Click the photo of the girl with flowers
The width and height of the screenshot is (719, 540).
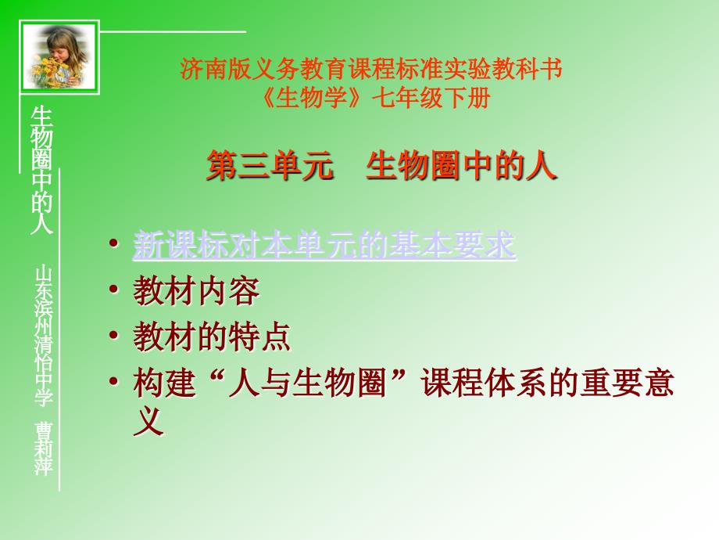coord(59,56)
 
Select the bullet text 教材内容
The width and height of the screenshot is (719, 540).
coord(196,292)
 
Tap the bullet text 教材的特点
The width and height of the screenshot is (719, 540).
coord(212,337)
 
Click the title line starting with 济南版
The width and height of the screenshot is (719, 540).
coord(371,70)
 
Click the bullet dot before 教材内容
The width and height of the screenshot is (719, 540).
coord(115,291)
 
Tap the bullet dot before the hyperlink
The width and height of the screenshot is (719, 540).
coord(115,245)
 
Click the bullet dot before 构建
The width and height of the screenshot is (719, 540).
coord(115,383)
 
